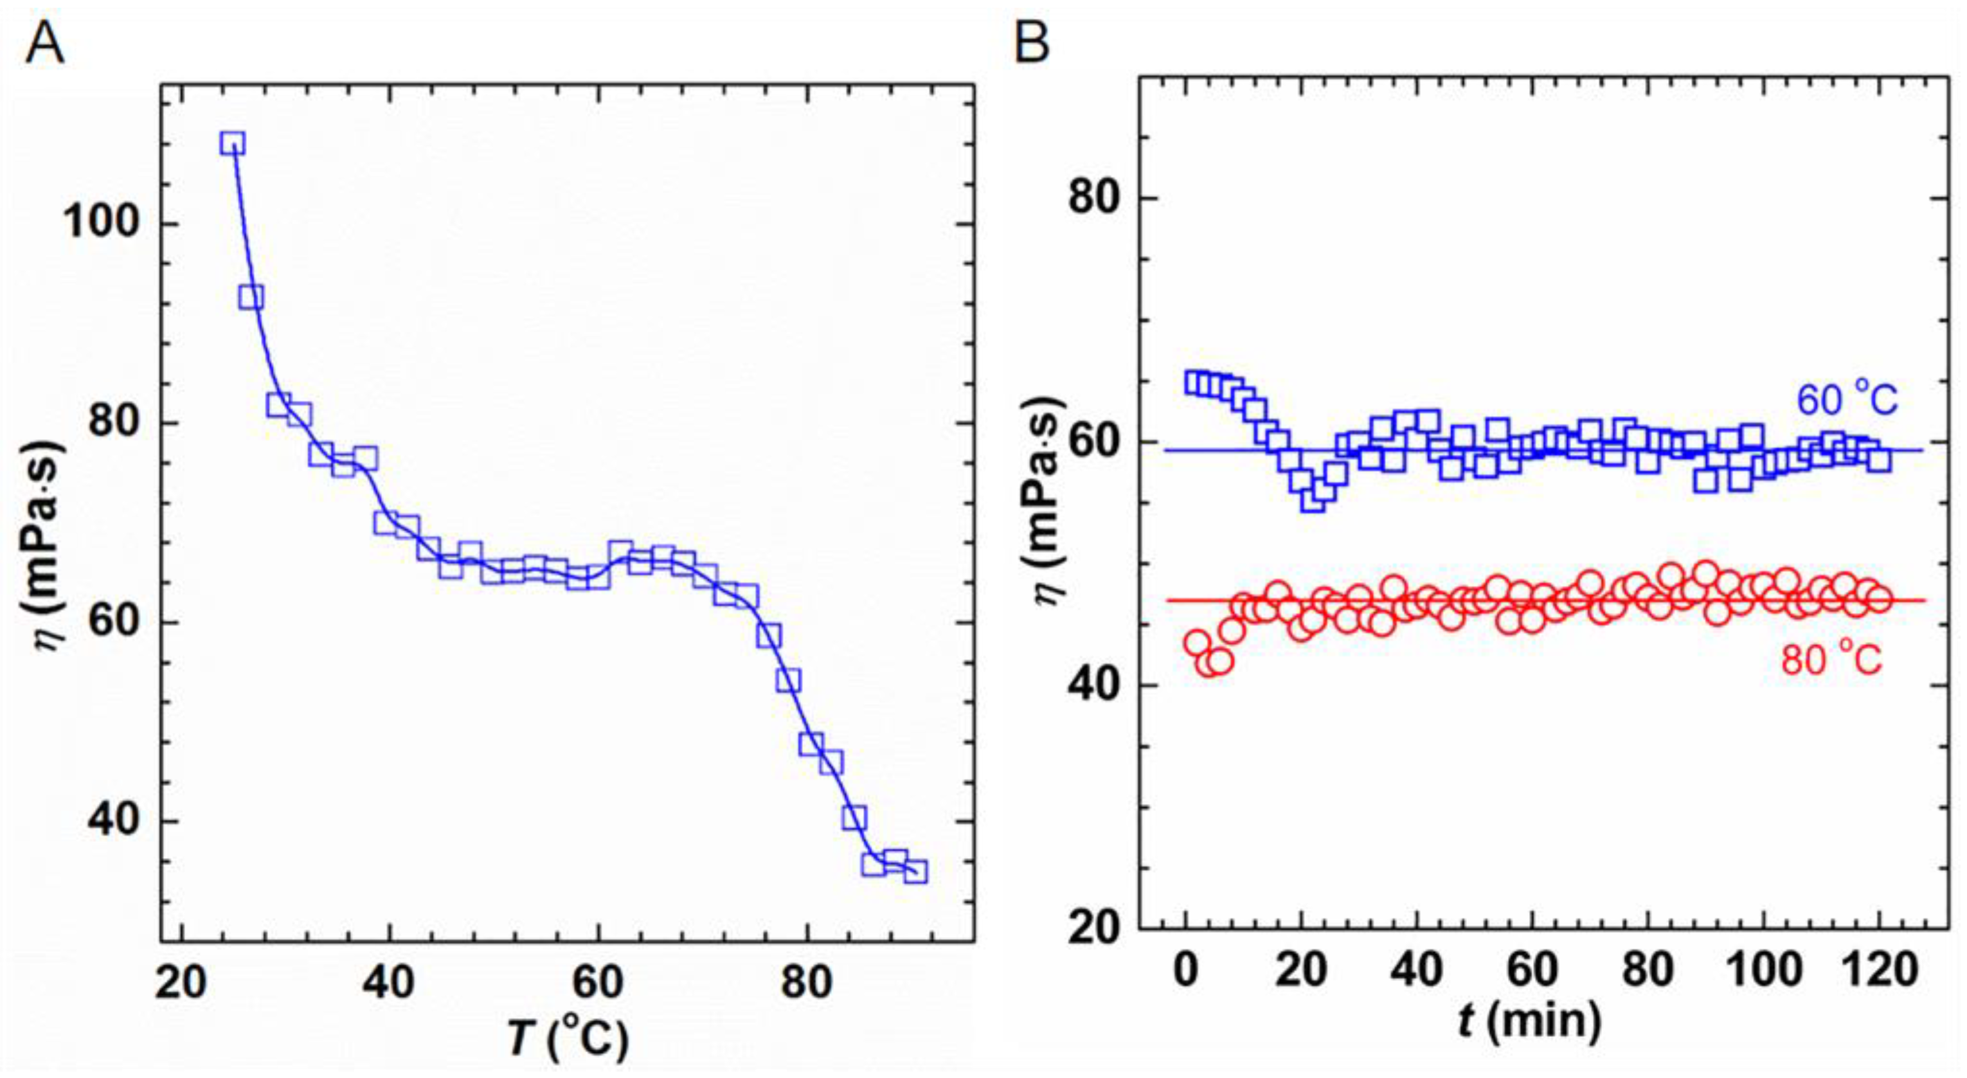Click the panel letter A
(44, 44)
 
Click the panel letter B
(1032, 44)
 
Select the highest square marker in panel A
(232, 143)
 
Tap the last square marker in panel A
(915, 871)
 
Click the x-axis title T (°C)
(568, 1040)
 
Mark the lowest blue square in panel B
(1313, 500)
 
